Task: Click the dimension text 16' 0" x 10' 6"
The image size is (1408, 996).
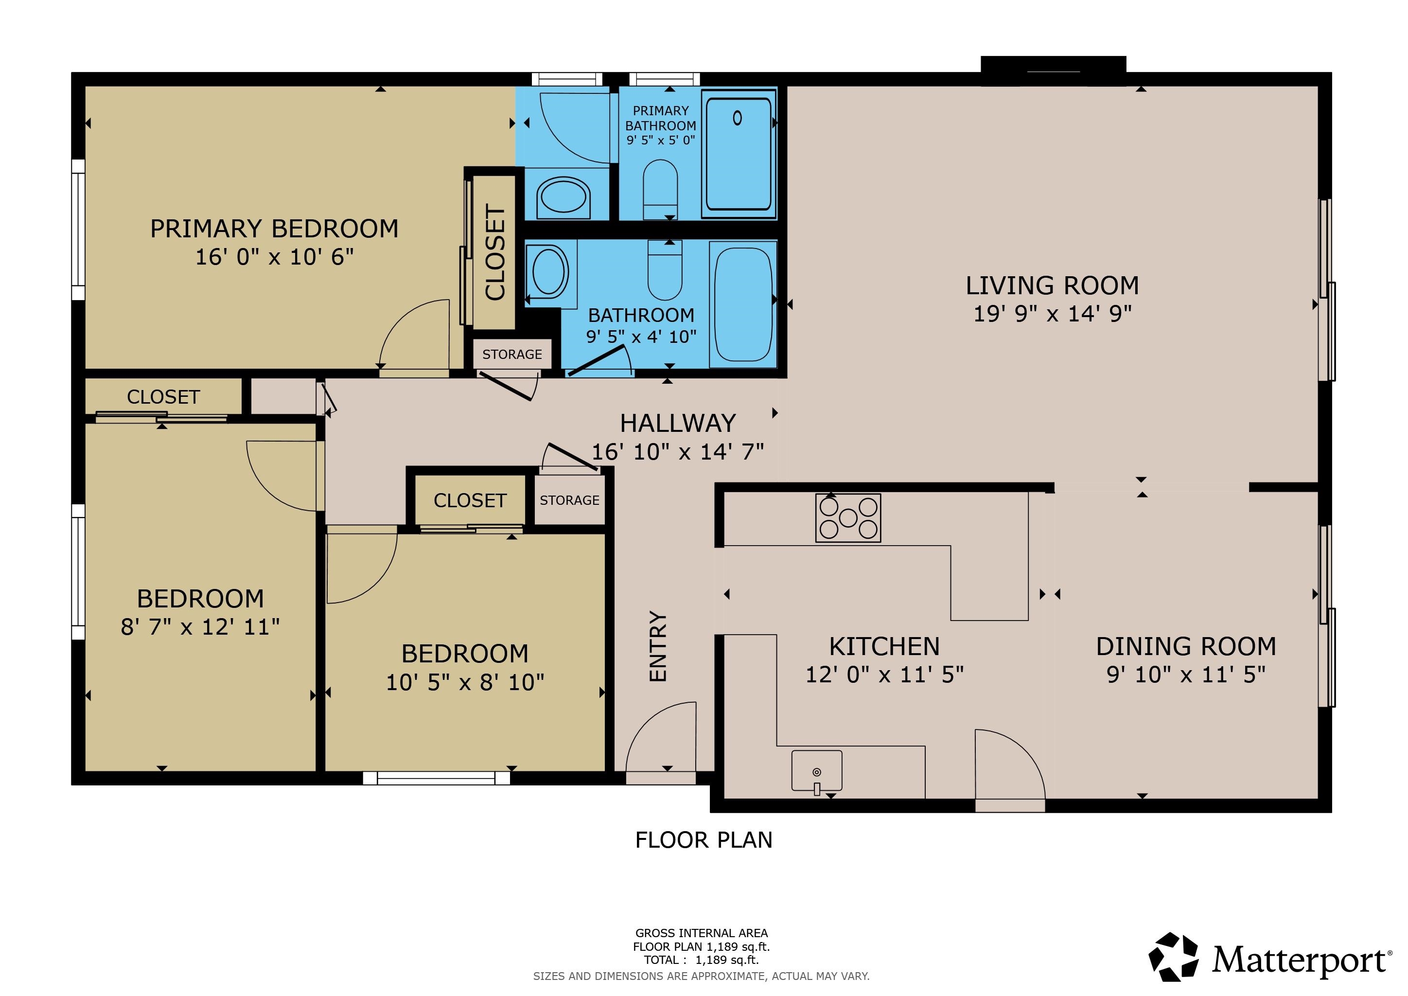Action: (x=274, y=257)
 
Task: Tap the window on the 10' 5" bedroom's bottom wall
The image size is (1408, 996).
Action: (x=436, y=778)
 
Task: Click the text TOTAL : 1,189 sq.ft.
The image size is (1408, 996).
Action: (x=701, y=960)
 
